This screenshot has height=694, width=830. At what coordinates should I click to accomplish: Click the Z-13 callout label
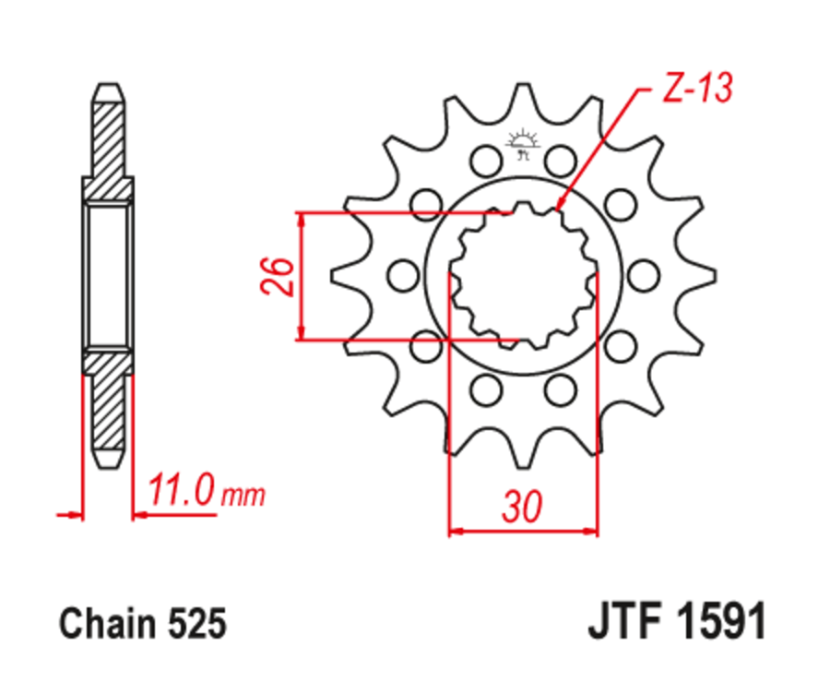point(697,89)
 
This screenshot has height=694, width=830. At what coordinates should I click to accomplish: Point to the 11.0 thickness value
point(180,492)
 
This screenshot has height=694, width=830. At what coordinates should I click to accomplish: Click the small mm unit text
point(243,497)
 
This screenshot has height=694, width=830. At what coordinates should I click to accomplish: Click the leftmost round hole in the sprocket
point(403,275)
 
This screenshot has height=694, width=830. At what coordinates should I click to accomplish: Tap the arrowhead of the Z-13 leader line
point(559,208)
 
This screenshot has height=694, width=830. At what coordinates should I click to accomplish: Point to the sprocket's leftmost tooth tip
point(334,275)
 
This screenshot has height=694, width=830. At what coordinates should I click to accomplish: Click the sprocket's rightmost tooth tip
point(712,275)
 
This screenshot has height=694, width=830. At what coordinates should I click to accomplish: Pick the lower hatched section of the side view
point(109,406)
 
